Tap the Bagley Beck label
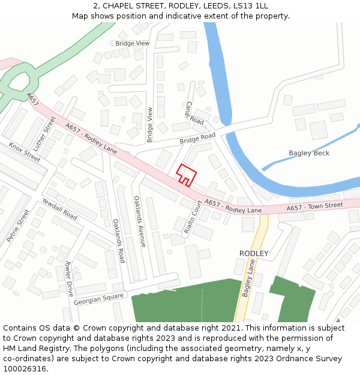coord(309,153)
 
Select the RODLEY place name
coord(254,253)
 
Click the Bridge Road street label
coord(197,139)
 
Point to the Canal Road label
coord(194,113)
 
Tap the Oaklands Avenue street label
coord(139,221)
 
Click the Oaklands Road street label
coord(119,241)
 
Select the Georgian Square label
coord(99,298)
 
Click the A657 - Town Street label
coord(314,206)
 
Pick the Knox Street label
coord(25,152)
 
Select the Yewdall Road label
coord(59,208)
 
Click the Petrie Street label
coord(18,226)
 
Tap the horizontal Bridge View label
coord(133,44)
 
